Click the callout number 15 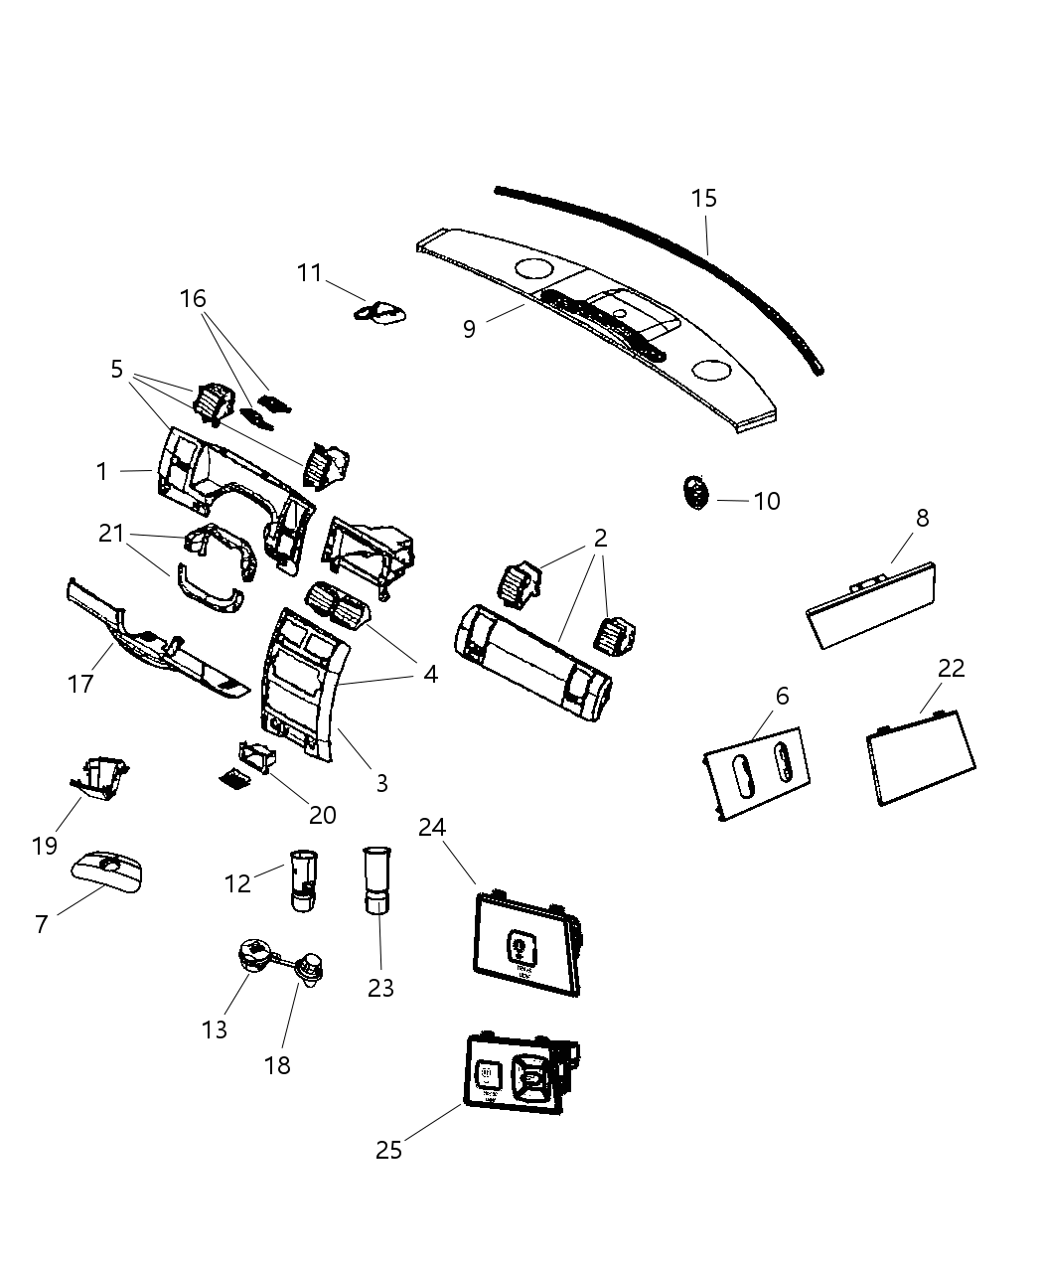pyautogui.click(x=703, y=199)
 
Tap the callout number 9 pyautogui.click(x=470, y=329)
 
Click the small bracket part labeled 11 pyautogui.click(x=381, y=312)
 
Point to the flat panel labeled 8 pyautogui.click(x=871, y=605)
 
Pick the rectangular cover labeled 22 pyautogui.click(x=921, y=756)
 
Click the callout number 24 pyautogui.click(x=432, y=827)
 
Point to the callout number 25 pyautogui.click(x=389, y=1150)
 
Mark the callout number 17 pyautogui.click(x=80, y=684)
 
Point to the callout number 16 pyautogui.click(x=193, y=298)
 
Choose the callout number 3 pyautogui.click(x=381, y=783)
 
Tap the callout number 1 pyautogui.click(x=102, y=472)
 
